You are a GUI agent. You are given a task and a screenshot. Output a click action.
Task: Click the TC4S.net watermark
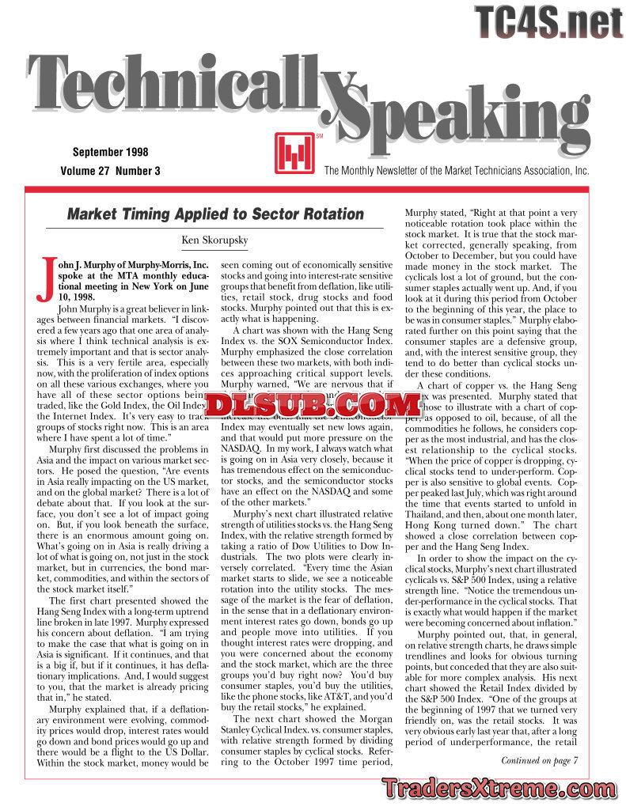click(x=548, y=21)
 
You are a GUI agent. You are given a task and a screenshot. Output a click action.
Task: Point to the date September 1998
click(x=110, y=152)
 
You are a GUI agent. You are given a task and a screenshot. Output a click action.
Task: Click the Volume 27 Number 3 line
click(x=110, y=170)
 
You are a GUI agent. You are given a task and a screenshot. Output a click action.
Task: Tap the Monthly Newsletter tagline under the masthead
click(x=457, y=170)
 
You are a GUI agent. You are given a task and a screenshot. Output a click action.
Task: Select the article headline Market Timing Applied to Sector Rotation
click(x=215, y=214)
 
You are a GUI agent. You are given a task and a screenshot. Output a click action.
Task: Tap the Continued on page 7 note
click(x=540, y=761)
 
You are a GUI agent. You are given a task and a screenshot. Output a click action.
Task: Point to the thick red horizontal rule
click(x=313, y=190)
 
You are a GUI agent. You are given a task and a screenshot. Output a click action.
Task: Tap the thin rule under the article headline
click(x=215, y=228)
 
